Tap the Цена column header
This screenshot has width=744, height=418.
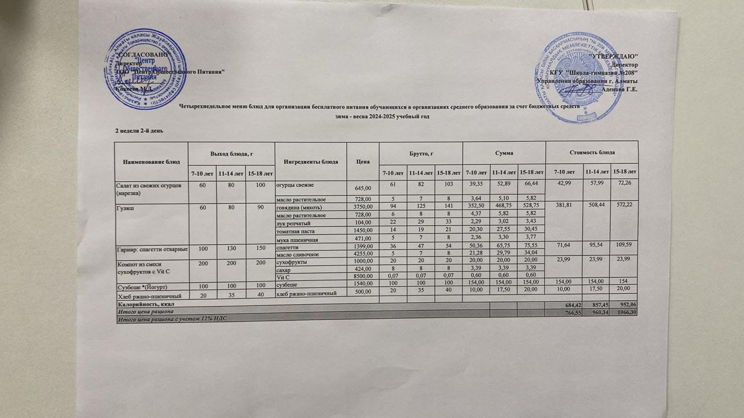point(363,160)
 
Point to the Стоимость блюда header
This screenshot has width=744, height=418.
point(592,152)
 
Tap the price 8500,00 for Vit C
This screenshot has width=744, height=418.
point(361,277)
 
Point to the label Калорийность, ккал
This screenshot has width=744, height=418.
point(145,304)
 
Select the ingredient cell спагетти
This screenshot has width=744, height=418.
point(289,247)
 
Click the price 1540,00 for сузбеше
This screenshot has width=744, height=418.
point(361,284)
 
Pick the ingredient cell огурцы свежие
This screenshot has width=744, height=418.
point(295,185)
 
